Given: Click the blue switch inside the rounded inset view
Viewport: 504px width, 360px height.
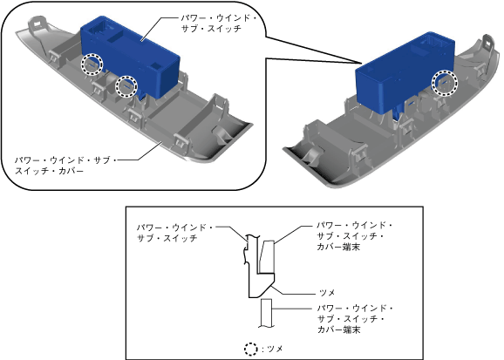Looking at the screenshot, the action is [x=130, y=57].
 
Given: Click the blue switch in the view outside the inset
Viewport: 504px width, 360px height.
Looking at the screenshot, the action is [x=404, y=72].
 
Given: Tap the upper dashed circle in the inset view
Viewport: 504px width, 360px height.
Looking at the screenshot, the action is [x=92, y=65].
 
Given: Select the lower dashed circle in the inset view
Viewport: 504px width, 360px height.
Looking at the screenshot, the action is [x=126, y=86].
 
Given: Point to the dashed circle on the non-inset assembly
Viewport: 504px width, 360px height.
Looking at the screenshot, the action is [x=444, y=83].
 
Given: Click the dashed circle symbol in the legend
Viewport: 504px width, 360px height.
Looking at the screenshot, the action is [x=251, y=349].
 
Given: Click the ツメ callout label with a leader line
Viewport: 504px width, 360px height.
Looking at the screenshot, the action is [x=327, y=293].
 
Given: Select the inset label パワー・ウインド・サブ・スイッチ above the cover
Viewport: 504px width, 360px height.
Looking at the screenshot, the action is [x=219, y=24].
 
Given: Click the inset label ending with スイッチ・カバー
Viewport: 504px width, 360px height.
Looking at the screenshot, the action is [x=65, y=166].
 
